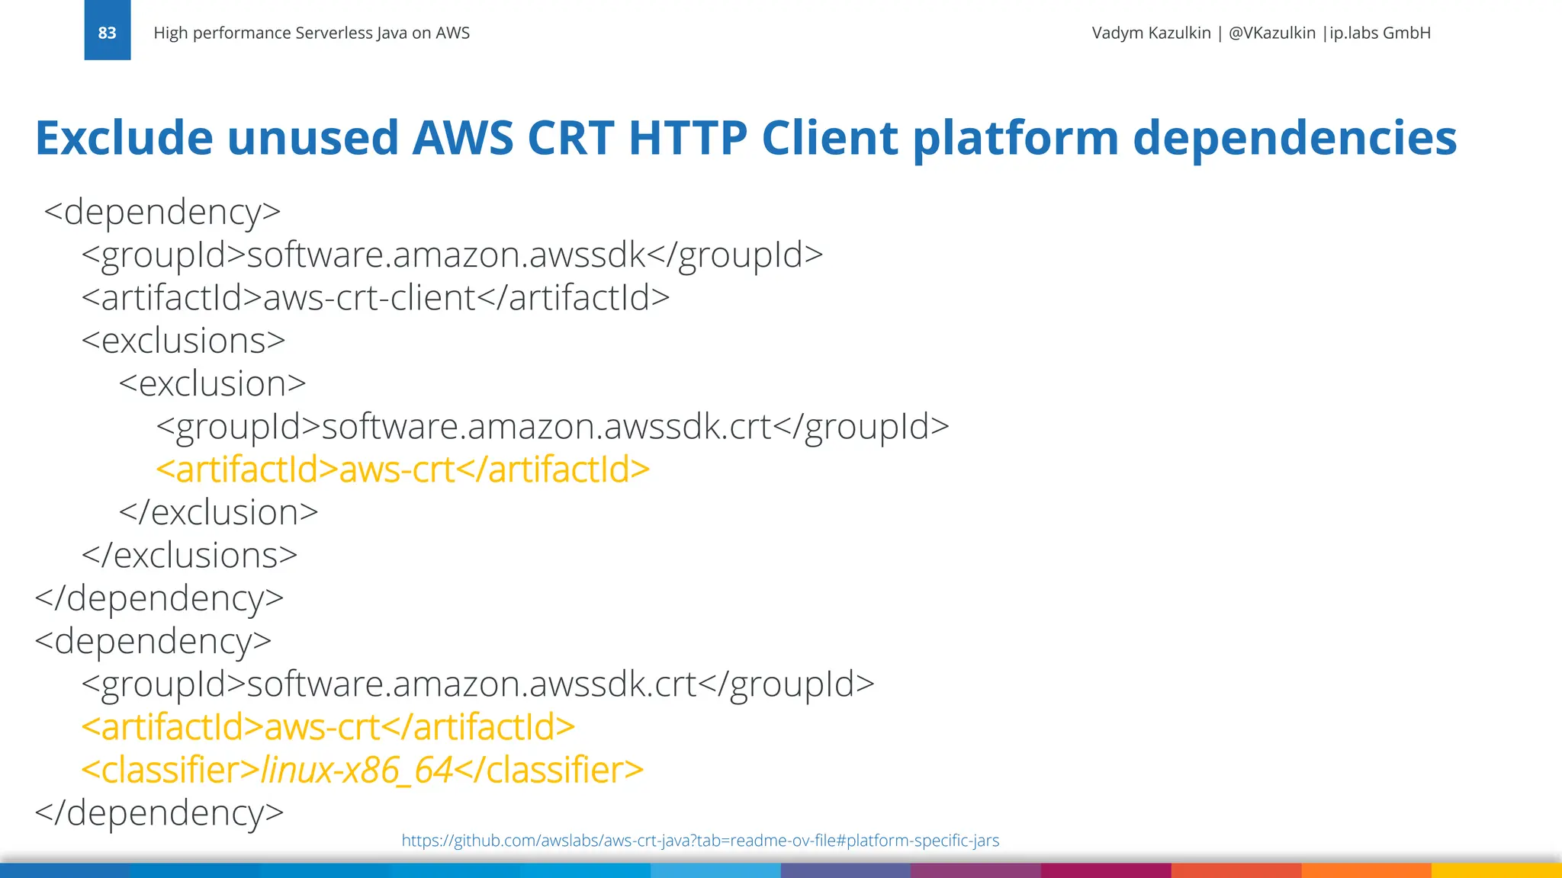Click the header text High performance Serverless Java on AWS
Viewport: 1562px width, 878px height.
point(311,33)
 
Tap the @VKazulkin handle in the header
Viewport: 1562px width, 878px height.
point(1271,33)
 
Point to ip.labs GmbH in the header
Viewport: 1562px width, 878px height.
point(1380,33)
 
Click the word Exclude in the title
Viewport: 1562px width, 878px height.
point(124,138)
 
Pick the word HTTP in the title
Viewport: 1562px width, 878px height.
point(687,138)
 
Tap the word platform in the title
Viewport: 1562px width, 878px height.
point(1015,139)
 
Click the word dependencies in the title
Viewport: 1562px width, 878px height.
point(1294,139)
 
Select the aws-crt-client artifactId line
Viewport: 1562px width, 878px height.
point(375,298)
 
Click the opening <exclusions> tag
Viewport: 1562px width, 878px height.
point(183,341)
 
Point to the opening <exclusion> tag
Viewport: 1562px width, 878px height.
point(212,383)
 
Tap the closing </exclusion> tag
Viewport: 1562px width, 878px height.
point(218,512)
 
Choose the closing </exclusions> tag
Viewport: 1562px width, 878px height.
point(189,556)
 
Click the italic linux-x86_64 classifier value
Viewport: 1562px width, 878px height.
point(357,771)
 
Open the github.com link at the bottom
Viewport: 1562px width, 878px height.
point(699,841)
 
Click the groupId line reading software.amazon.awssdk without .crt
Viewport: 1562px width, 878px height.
point(452,255)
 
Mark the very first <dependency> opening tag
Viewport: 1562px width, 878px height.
point(162,213)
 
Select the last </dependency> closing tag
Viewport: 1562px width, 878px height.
point(159,812)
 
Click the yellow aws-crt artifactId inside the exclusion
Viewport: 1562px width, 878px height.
point(403,469)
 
